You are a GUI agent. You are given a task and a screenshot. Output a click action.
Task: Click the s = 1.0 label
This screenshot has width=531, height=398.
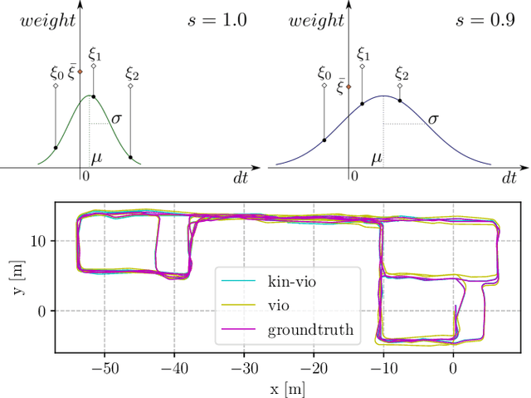pyautogui.click(x=217, y=20)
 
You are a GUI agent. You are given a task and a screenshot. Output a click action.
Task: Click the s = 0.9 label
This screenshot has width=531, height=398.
pyautogui.click(x=485, y=20)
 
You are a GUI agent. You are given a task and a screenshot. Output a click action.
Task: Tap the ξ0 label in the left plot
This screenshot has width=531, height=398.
pyautogui.click(x=56, y=73)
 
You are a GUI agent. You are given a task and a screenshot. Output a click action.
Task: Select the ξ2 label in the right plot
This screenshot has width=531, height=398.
pyautogui.click(x=401, y=74)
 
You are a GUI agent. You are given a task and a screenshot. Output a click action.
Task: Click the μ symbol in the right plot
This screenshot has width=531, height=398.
pyautogui.click(x=377, y=156)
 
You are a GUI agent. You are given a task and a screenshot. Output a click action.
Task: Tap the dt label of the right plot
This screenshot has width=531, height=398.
pyautogui.click(x=509, y=177)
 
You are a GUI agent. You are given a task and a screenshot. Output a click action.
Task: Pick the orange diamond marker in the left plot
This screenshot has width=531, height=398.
pyautogui.click(x=80, y=71)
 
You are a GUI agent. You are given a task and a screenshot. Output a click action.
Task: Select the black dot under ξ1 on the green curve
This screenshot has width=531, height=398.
pyautogui.click(x=93, y=96)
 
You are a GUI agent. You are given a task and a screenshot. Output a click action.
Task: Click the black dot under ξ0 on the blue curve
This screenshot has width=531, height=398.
pyautogui.click(x=324, y=140)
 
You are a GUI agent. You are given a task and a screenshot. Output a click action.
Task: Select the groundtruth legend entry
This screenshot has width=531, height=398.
pyautogui.click(x=310, y=330)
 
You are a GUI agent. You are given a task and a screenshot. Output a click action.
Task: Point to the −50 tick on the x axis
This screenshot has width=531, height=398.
pyautogui.click(x=105, y=366)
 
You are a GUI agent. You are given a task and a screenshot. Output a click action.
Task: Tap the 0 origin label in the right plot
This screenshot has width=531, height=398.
pyautogui.click(x=354, y=176)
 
